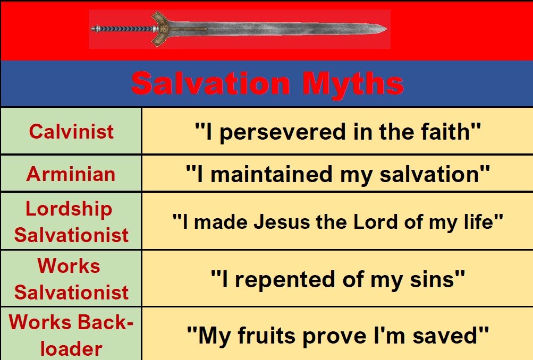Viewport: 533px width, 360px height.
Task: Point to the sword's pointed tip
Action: pos(385,29)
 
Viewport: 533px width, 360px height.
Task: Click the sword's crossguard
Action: pos(160,29)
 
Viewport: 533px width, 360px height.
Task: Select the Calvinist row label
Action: pos(71,131)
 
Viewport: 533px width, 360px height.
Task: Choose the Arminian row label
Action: pos(71,174)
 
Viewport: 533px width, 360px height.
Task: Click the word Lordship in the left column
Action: pos(69,209)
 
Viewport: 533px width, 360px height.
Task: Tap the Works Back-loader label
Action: pos(71,335)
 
